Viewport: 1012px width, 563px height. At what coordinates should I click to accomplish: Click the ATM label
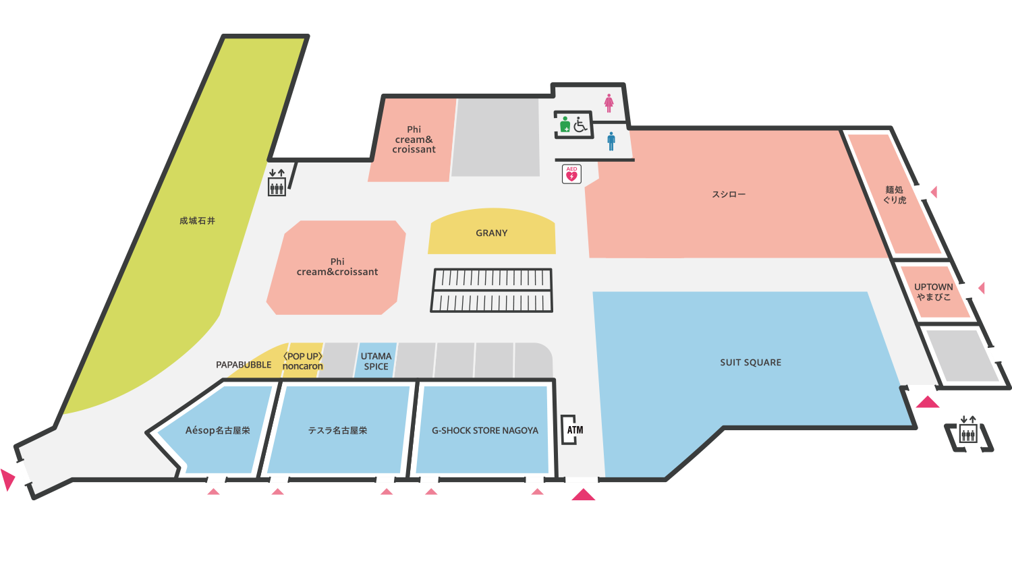(575, 430)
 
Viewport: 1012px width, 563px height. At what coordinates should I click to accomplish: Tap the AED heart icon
(571, 175)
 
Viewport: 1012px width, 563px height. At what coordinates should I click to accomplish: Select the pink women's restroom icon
(609, 103)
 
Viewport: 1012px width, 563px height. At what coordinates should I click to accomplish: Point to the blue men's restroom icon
(611, 141)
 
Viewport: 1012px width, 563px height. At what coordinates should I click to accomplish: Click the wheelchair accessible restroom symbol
(581, 124)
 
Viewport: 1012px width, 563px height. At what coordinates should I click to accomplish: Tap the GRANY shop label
(491, 233)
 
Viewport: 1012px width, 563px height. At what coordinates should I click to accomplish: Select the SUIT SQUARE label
(750, 363)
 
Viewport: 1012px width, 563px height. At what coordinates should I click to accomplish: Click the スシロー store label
(729, 195)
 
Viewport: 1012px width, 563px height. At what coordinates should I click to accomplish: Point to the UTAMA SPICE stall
(376, 361)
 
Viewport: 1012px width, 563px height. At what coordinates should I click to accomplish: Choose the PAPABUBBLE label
(244, 365)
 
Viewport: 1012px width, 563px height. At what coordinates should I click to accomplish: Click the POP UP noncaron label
(302, 361)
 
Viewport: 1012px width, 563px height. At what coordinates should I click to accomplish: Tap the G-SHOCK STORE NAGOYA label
(484, 431)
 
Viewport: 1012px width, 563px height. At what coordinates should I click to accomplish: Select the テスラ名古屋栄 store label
(337, 431)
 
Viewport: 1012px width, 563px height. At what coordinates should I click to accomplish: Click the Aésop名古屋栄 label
(217, 431)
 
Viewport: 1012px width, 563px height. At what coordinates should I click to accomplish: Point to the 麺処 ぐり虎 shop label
(895, 195)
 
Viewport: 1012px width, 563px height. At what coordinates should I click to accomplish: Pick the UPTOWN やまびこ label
(934, 292)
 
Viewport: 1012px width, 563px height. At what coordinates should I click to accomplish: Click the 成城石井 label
(197, 221)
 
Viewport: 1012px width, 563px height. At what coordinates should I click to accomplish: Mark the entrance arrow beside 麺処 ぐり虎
(934, 192)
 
